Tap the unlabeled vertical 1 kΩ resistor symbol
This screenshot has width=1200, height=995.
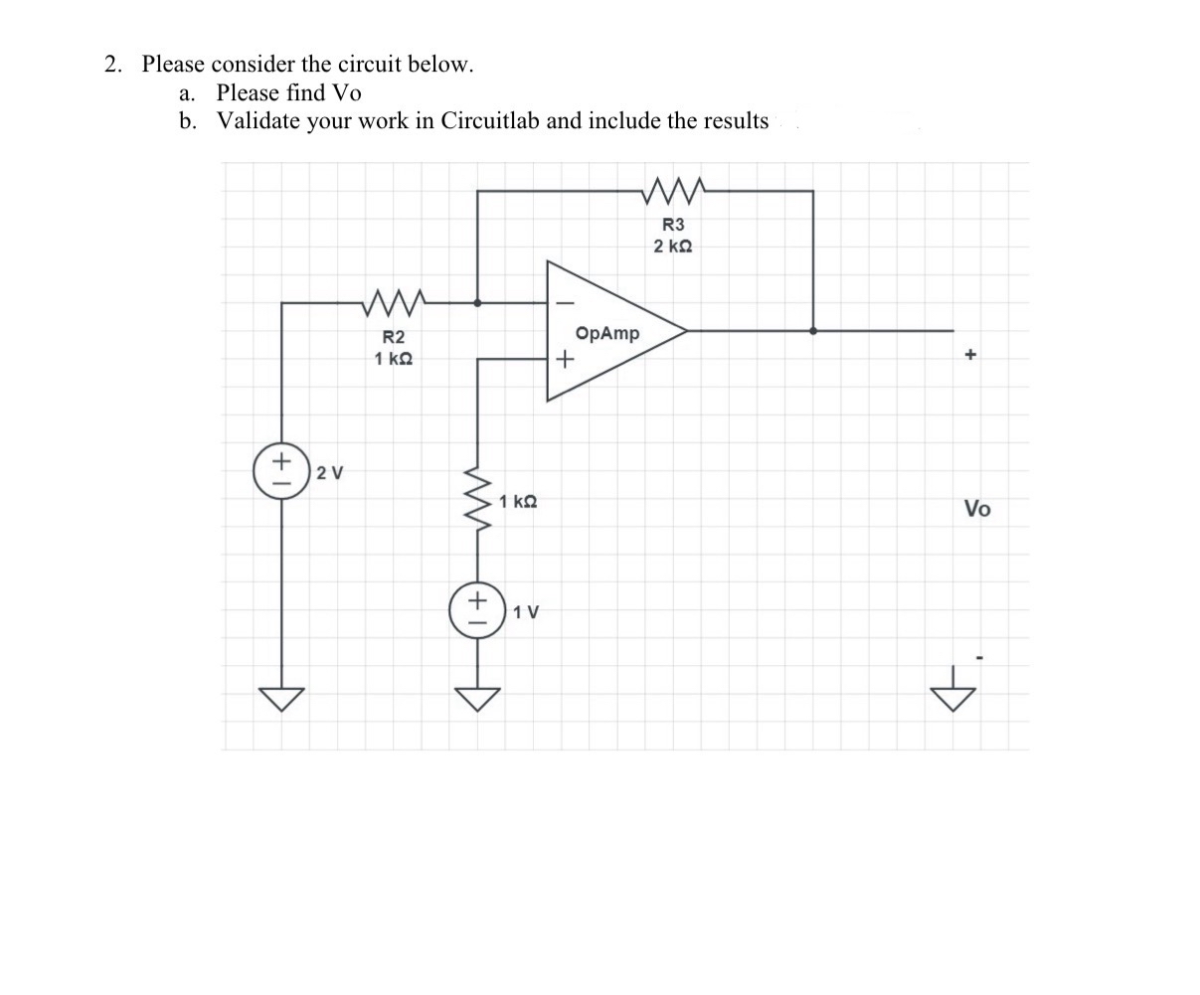pos(479,500)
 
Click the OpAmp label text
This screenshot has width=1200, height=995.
pos(606,333)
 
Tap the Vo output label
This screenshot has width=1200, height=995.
pos(976,509)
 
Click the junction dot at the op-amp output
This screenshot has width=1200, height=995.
pos(813,331)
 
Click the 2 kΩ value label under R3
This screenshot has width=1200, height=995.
pos(673,246)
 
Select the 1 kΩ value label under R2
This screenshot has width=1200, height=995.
pos(394,358)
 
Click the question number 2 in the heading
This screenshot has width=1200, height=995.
pos(112,65)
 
